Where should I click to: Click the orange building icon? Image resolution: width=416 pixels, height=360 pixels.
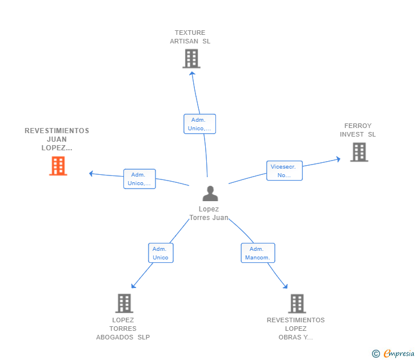[x=58, y=166]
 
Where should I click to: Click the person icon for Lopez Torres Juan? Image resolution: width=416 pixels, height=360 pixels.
[x=210, y=194]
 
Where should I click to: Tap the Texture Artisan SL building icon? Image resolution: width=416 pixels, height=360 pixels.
[x=191, y=58]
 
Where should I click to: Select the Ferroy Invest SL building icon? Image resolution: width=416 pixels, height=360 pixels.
[x=359, y=152]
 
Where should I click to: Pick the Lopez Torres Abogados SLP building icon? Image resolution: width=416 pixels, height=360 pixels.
[x=124, y=303]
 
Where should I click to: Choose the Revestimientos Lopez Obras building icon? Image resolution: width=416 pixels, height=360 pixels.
[x=296, y=303]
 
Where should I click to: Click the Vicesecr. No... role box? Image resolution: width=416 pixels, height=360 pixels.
[x=284, y=171]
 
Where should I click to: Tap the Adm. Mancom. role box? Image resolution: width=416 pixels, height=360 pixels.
[x=258, y=253]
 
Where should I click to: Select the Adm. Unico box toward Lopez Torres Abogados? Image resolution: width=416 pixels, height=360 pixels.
[x=161, y=253]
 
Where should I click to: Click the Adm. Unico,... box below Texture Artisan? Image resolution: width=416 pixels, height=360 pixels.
[x=199, y=124]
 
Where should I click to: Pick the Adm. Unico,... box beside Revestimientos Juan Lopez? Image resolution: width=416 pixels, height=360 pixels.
[x=139, y=179]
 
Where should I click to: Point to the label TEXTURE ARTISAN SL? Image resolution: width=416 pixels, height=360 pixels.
[x=190, y=37]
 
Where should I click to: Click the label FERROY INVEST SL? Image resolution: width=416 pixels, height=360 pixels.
[x=358, y=130]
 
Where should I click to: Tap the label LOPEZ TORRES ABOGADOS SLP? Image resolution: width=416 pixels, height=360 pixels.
[x=123, y=329]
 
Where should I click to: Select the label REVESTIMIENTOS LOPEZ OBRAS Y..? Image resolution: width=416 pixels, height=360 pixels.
[x=295, y=329]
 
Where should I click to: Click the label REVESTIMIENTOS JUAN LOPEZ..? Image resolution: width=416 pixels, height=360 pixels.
[x=57, y=139]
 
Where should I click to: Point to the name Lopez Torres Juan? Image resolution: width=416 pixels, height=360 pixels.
[x=209, y=213]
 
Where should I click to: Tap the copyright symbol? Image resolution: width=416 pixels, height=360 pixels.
[x=376, y=354]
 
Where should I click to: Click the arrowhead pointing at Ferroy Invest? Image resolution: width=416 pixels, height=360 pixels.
[x=338, y=159]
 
